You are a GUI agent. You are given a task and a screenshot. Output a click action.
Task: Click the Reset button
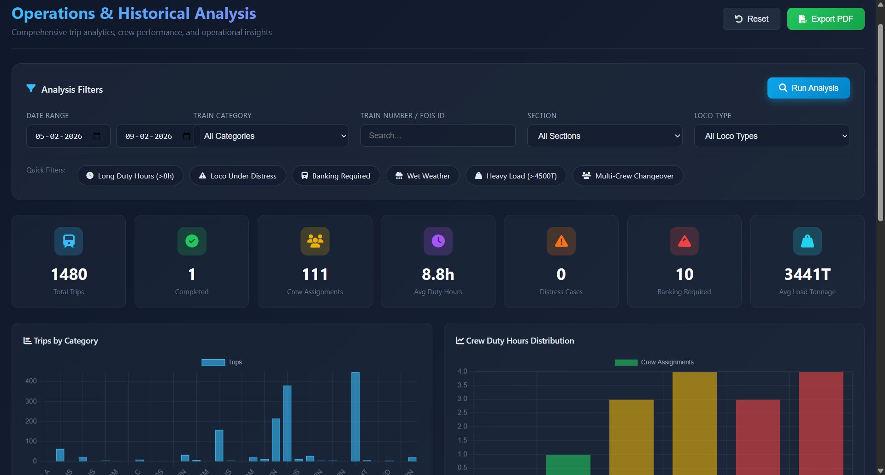751,19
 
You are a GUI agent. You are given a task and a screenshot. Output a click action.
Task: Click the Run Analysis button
808,88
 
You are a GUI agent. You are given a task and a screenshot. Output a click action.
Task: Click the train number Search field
437,136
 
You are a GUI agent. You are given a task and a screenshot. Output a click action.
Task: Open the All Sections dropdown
604,136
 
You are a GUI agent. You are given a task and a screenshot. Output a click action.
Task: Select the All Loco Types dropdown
771,136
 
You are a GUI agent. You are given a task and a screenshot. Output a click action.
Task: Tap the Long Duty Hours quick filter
130,176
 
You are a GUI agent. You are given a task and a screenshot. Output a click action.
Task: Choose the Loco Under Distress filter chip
237,176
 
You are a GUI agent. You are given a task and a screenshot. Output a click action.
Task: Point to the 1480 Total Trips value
69,274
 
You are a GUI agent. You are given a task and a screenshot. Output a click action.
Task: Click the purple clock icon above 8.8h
438,241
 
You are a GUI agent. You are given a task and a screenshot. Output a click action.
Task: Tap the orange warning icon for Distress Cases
561,241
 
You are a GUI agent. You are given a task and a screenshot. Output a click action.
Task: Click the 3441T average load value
807,274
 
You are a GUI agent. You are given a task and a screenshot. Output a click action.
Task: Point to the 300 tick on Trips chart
31,401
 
